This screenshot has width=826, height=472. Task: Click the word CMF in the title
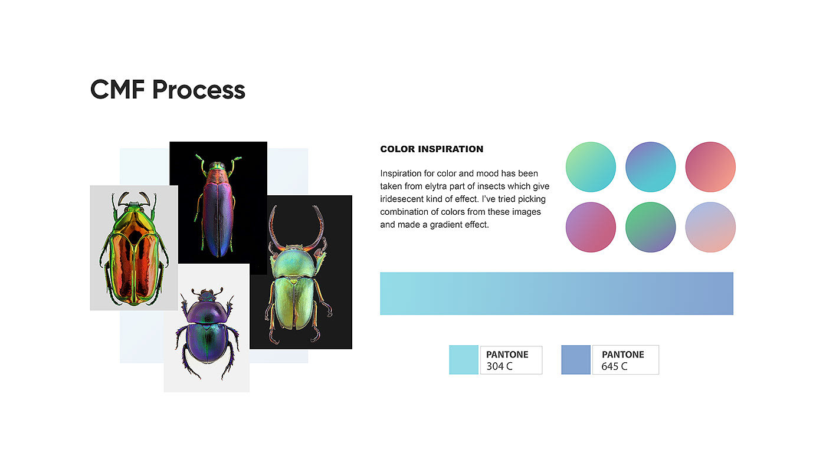click(x=117, y=90)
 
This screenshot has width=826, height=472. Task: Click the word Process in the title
click(x=199, y=90)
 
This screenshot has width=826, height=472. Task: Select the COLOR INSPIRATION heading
click(x=431, y=149)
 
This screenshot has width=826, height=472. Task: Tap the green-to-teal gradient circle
click(x=591, y=167)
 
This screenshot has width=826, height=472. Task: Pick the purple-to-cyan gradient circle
click(x=650, y=167)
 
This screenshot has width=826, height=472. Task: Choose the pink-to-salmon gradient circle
click(x=710, y=167)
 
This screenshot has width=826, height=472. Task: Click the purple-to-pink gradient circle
click(x=591, y=227)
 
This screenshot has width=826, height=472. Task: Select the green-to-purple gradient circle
click(x=650, y=227)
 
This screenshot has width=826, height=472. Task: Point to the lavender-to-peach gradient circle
click(x=710, y=227)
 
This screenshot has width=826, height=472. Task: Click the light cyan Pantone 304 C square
click(x=464, y=360)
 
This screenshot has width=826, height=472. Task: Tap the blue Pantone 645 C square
click(x=576, y=360)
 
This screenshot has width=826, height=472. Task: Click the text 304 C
click(x=499, y=366)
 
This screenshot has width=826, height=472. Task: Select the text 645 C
click(x=614, y=366)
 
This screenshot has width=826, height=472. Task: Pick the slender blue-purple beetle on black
click(x=218, y=206)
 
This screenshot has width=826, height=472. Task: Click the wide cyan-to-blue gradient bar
click(x=556, y=294)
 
